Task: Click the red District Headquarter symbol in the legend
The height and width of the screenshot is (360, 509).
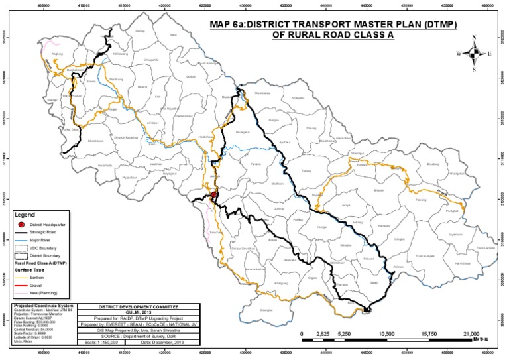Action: (x=21, y=225)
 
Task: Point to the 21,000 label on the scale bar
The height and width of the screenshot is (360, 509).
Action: (x=471, y=334)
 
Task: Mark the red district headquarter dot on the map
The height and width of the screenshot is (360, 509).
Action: (x=214, y=194)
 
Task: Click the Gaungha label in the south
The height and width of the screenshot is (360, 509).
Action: (x=266, y=310)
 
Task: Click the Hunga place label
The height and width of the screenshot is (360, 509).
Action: (x=323, y=227)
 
